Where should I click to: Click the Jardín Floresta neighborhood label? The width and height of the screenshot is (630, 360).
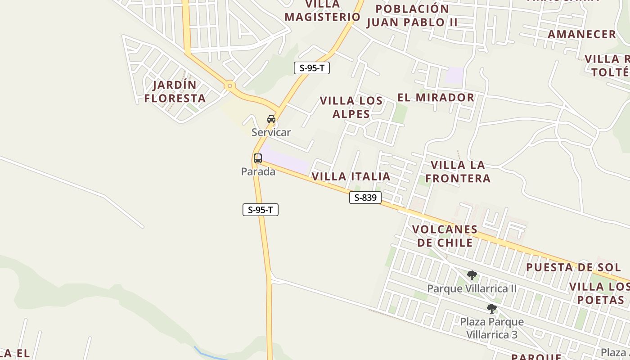pyautogui.click(x=175, y=91)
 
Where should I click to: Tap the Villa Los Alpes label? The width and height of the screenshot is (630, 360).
pyautogui.click(x=351, y=107)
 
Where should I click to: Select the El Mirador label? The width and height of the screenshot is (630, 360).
pyautogui.click(x=436, y=97)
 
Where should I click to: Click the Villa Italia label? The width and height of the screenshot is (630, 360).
pyautogui.click(x=351, y=176)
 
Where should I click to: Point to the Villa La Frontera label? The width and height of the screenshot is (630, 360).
pyautogui.click(x=458, y=171)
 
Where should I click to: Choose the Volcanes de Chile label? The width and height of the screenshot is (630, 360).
pyautogui.click(x=445, y=236)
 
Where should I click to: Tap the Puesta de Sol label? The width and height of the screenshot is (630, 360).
pyautogui.click(x=573, y=267)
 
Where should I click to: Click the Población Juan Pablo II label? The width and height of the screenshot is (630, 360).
pyautogui.click(x=412, y=15)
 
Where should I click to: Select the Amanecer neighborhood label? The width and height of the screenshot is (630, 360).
pyautogui.click(x=581, y=34)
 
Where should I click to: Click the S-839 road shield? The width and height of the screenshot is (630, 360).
pyautogui.click(x=365, y=198)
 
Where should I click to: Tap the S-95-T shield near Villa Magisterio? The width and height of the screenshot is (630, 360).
pyautogui.click(x=312, y=68)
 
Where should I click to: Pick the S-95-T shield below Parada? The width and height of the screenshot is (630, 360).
pyautogui.click(x=261, y=210)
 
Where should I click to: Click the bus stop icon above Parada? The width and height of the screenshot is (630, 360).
pyautogui.click(x=258, y=158)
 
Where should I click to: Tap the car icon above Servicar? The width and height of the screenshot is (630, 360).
pyautogui.click(x=271, y=119)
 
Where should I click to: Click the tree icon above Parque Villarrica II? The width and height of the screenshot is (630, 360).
pyautogui.click(x=472, y=275)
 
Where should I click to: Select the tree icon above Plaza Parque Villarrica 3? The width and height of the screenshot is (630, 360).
pyautogui.click(x=492, y=309)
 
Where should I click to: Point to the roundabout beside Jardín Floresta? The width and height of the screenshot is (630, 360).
pyautogui.click(x=230, y=85)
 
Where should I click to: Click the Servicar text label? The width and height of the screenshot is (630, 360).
pyautogui.click(x=271, y=132)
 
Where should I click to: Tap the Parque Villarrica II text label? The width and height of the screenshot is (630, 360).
pyautogui.click(x=472, y=288)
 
